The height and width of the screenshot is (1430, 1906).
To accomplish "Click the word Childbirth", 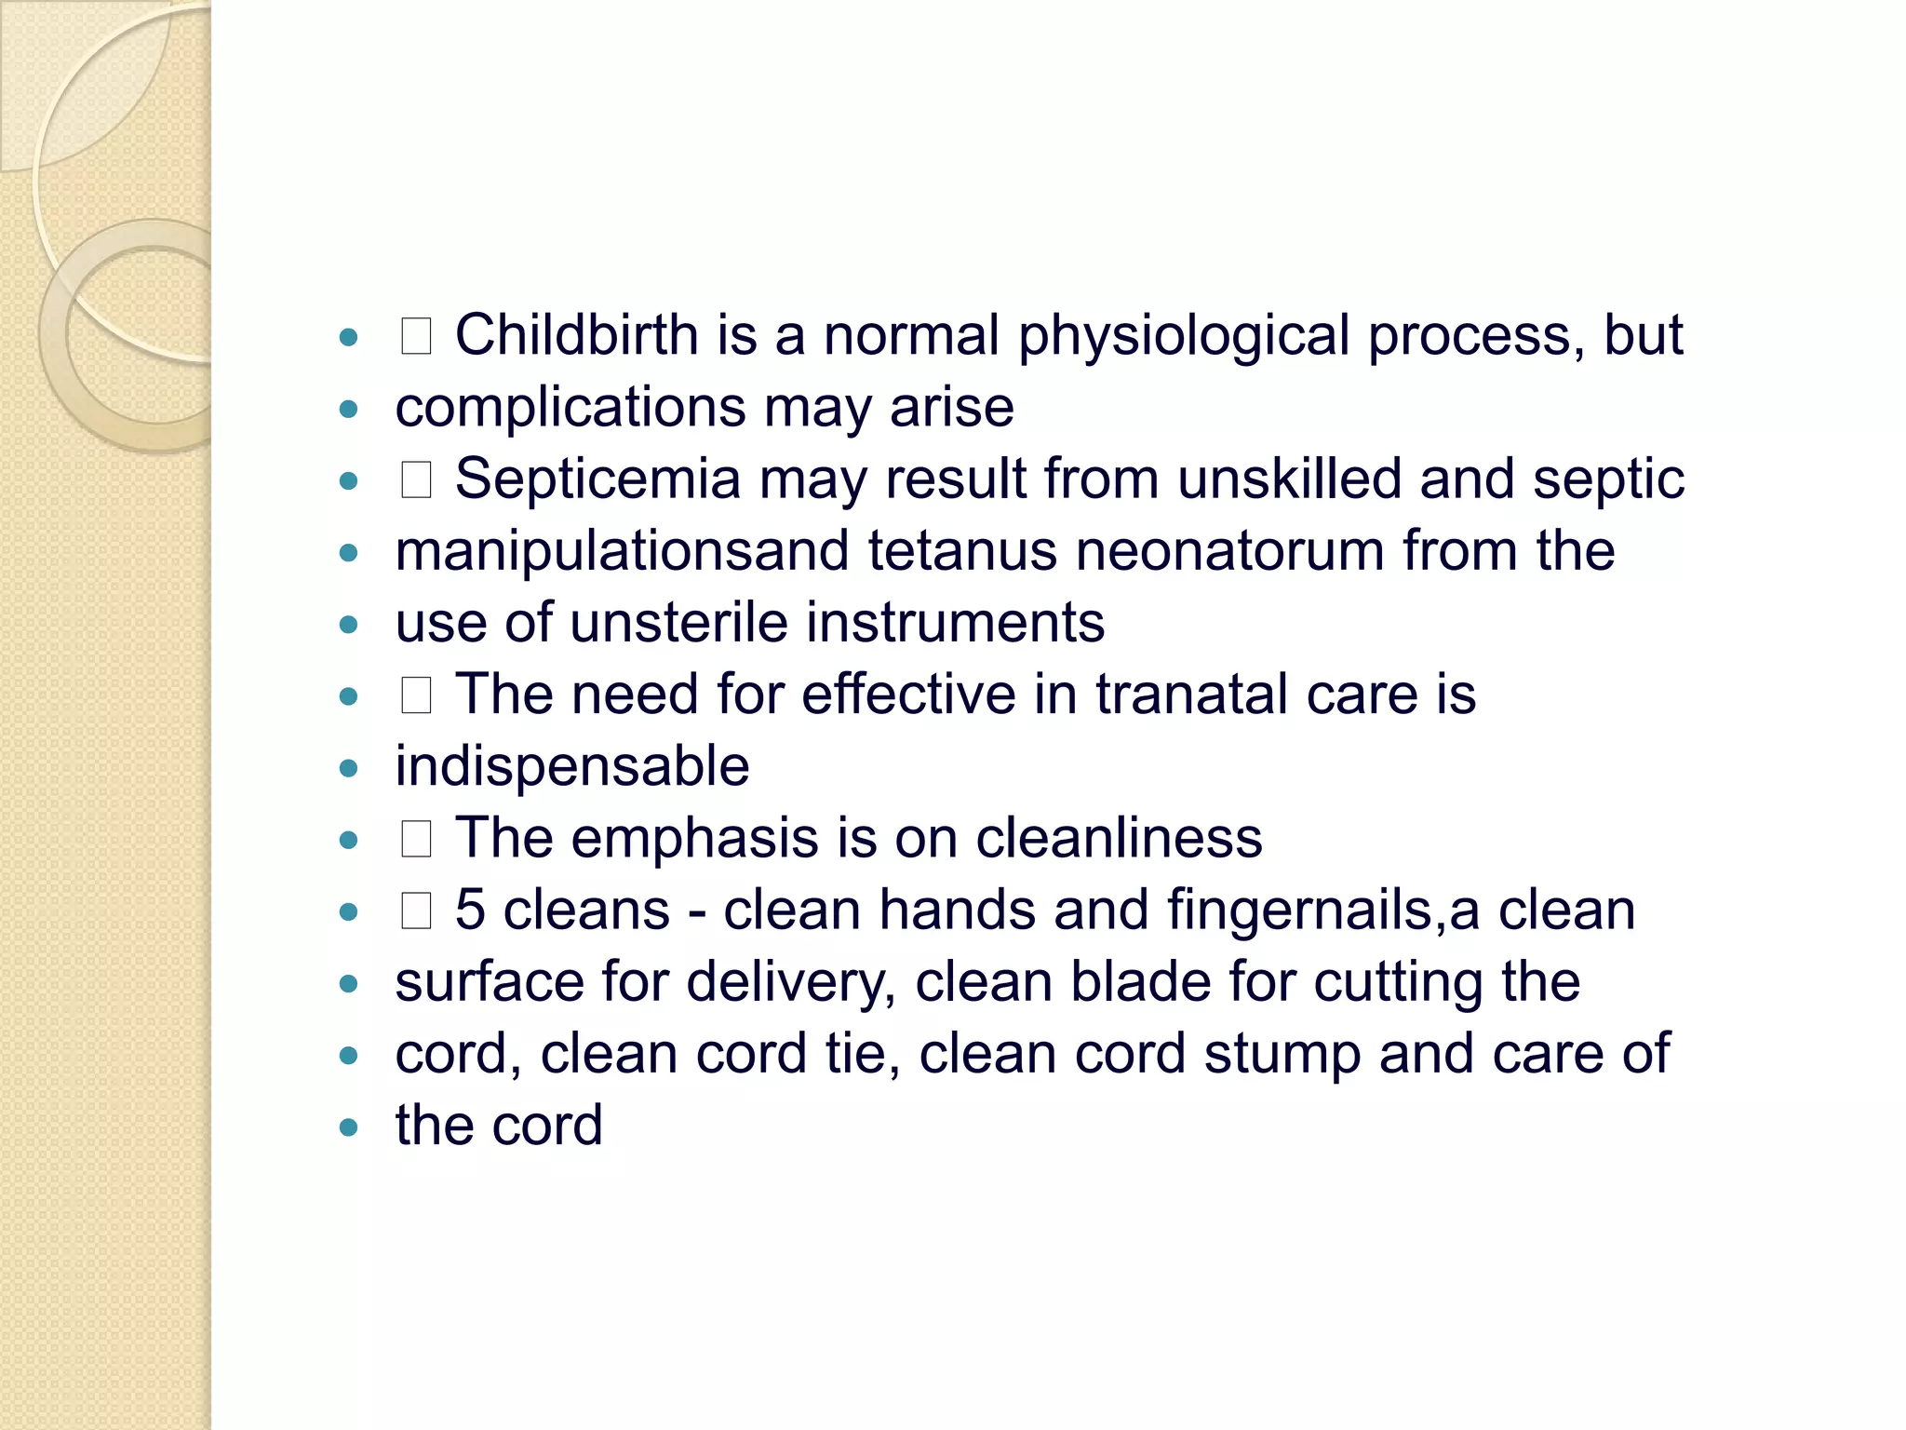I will (x=576, y=335).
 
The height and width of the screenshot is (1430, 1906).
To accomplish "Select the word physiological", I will (x=1183, y=337).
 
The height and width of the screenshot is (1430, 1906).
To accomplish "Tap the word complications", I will (x=570, y=409).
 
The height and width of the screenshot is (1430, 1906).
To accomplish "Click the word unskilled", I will (x=1289, y=479).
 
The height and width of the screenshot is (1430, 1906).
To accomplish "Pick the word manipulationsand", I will (x=622, y=551).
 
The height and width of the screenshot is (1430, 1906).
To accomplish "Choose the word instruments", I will (x=955, y=623).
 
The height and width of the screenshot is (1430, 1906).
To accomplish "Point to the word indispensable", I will (x=571, y=767).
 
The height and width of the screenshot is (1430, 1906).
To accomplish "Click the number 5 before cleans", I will (x=470, y=911).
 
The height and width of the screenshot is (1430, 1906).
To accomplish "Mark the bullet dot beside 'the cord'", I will (x=349, y=1128).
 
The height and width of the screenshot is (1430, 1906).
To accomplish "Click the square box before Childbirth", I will (x=416, y=337).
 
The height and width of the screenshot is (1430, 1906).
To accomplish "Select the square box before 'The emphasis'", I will (x=416, y=840).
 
